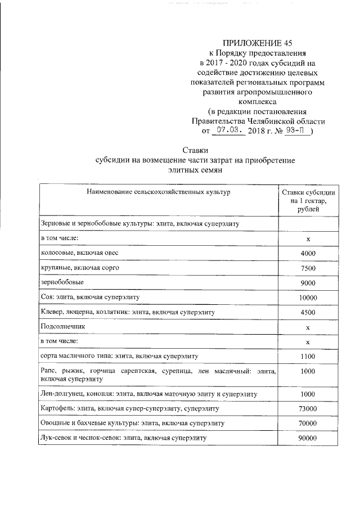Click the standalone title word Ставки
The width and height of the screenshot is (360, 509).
pos(196,150)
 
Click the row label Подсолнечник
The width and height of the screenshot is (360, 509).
pos(64,326)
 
